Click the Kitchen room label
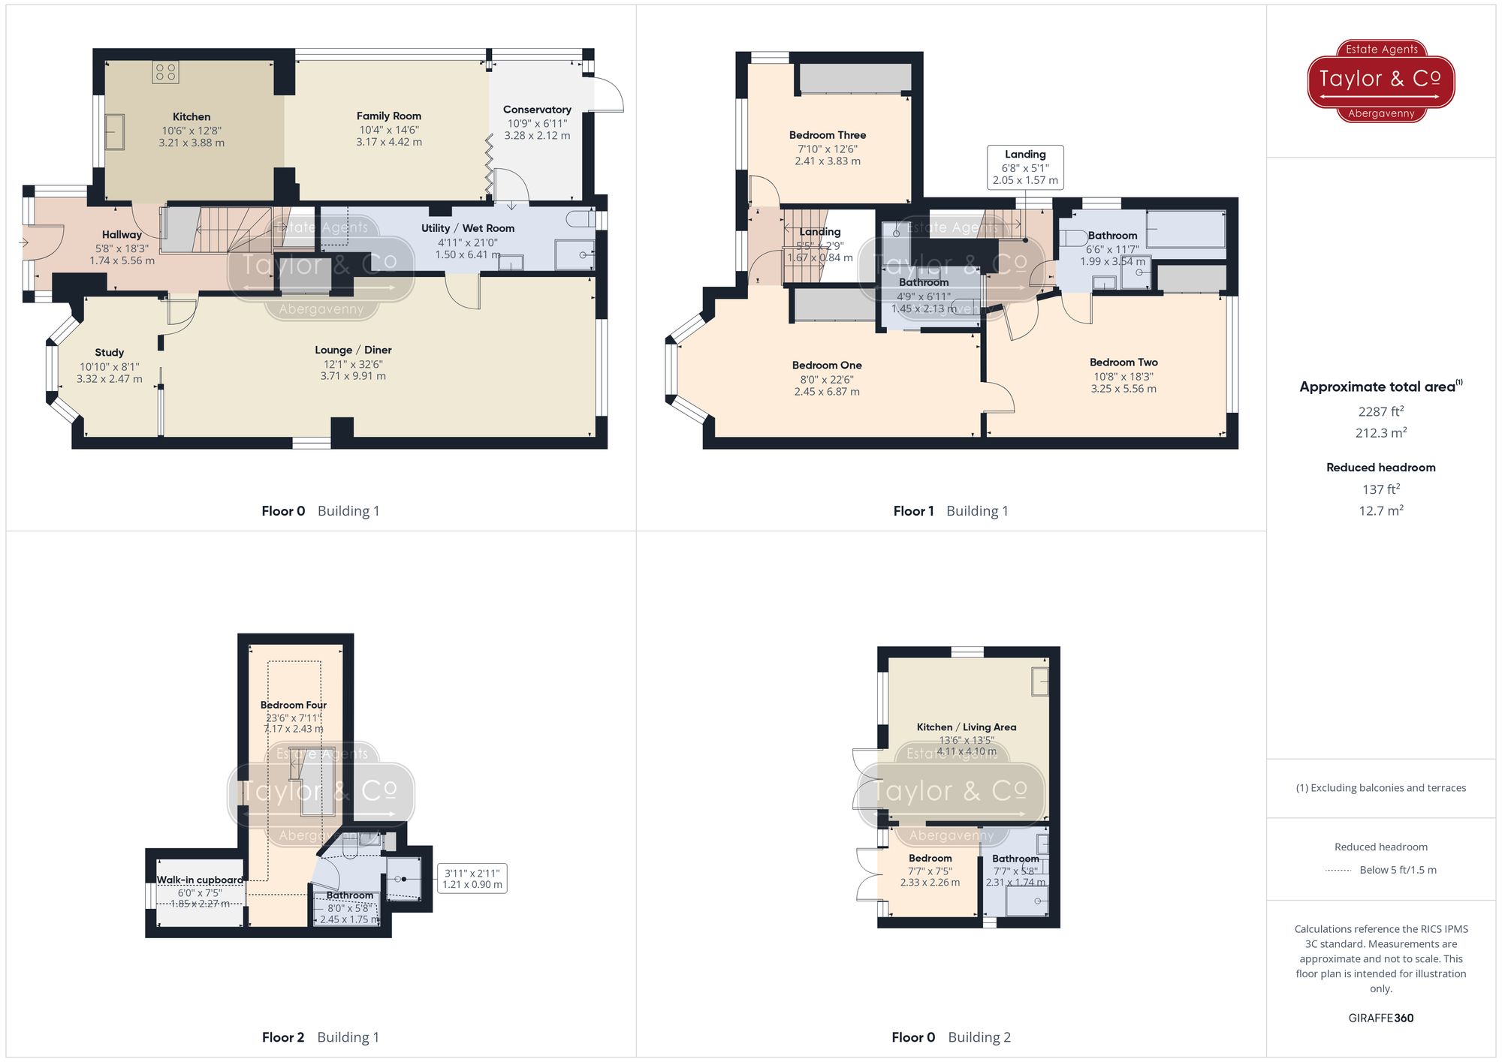coord(192,116)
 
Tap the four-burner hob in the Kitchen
coord(165,72)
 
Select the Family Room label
coord(388,116)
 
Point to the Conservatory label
coord(537,110)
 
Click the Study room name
coord(110,353)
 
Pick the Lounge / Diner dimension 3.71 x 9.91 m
coord(353,376)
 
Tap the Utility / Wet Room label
coord(467,228)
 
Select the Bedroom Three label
coord(828,135)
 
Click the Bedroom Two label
coord(1123,363)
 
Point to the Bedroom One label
coord(827,366)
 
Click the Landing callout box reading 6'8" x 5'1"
coord(1025,167)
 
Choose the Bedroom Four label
coord(294,705)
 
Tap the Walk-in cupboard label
coord(200,880)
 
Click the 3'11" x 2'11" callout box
coord(472,879)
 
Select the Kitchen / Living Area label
coord(967,727)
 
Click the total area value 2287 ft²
coord(1380,411)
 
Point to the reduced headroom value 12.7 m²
coord(1380,510)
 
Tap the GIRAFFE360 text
coord(1380,1018)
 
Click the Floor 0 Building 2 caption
coord(951,1037)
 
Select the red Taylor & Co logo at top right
coord(1381,80)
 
